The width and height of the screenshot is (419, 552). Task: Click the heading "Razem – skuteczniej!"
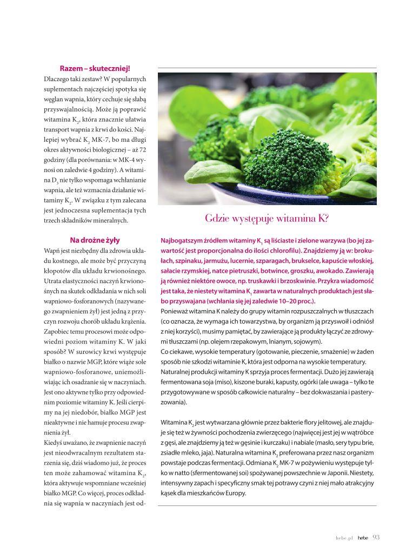[x=95, y=68]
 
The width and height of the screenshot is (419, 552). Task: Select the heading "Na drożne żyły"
[x=95, y=240]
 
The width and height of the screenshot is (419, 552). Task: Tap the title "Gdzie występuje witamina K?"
[x=267, y=219]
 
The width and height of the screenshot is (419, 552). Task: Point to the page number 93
[x=376, y=537]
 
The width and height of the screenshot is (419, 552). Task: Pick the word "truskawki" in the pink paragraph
[x=260, y=281]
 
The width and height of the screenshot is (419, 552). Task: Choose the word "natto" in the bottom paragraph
[x=179, y=472]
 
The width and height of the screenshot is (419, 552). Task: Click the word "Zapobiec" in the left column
[x=59, y=332]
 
